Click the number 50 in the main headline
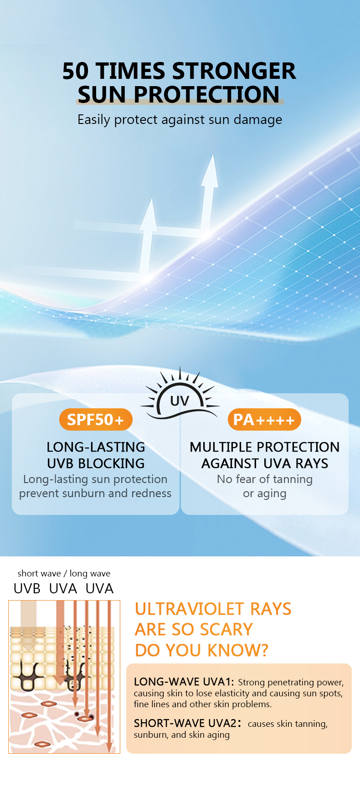coord(75,72)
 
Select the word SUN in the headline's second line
coord(101,95)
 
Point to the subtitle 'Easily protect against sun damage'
coord(180,119)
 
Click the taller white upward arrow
coord(209,191)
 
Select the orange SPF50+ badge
coord(96,420)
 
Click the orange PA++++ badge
coord(264,420)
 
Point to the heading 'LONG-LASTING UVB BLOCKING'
coord(96,455)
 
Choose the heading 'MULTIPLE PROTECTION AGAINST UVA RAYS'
coord(264,455)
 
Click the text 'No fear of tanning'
coord(264,479)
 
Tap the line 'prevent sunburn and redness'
coord(95,493)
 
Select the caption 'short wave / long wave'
coord(64,573)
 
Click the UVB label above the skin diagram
coord(27,588)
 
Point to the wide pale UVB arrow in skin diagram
coord(28,624)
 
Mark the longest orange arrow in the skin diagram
coord(109,674)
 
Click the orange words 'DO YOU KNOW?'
coord(201,650)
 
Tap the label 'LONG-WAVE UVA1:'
coord(184,682)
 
